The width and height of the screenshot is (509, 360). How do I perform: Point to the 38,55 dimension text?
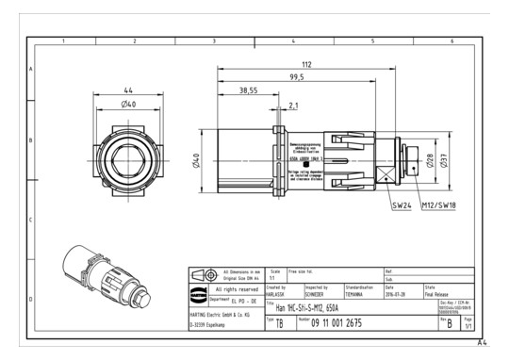tap(248, 91)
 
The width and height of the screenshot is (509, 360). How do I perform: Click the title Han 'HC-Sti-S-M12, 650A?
tap(312, 305)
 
